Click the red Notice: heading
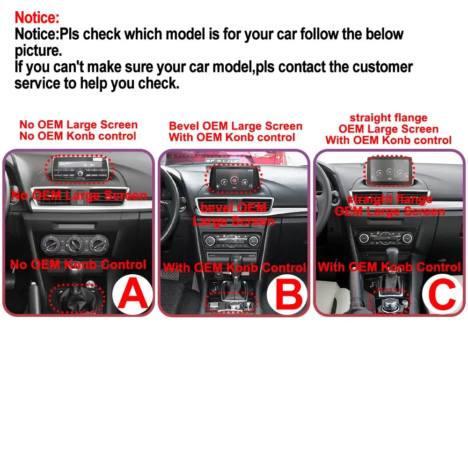click(37, 17)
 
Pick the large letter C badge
click(441, 294)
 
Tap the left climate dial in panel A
click(50, 243)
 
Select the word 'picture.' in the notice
click(38, 50)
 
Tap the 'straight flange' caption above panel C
click(388, 118)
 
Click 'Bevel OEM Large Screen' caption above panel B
click(235, 126)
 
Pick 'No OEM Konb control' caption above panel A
click(78, 136)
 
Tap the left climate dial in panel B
click(211, 241)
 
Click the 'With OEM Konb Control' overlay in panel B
click(234, 268)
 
